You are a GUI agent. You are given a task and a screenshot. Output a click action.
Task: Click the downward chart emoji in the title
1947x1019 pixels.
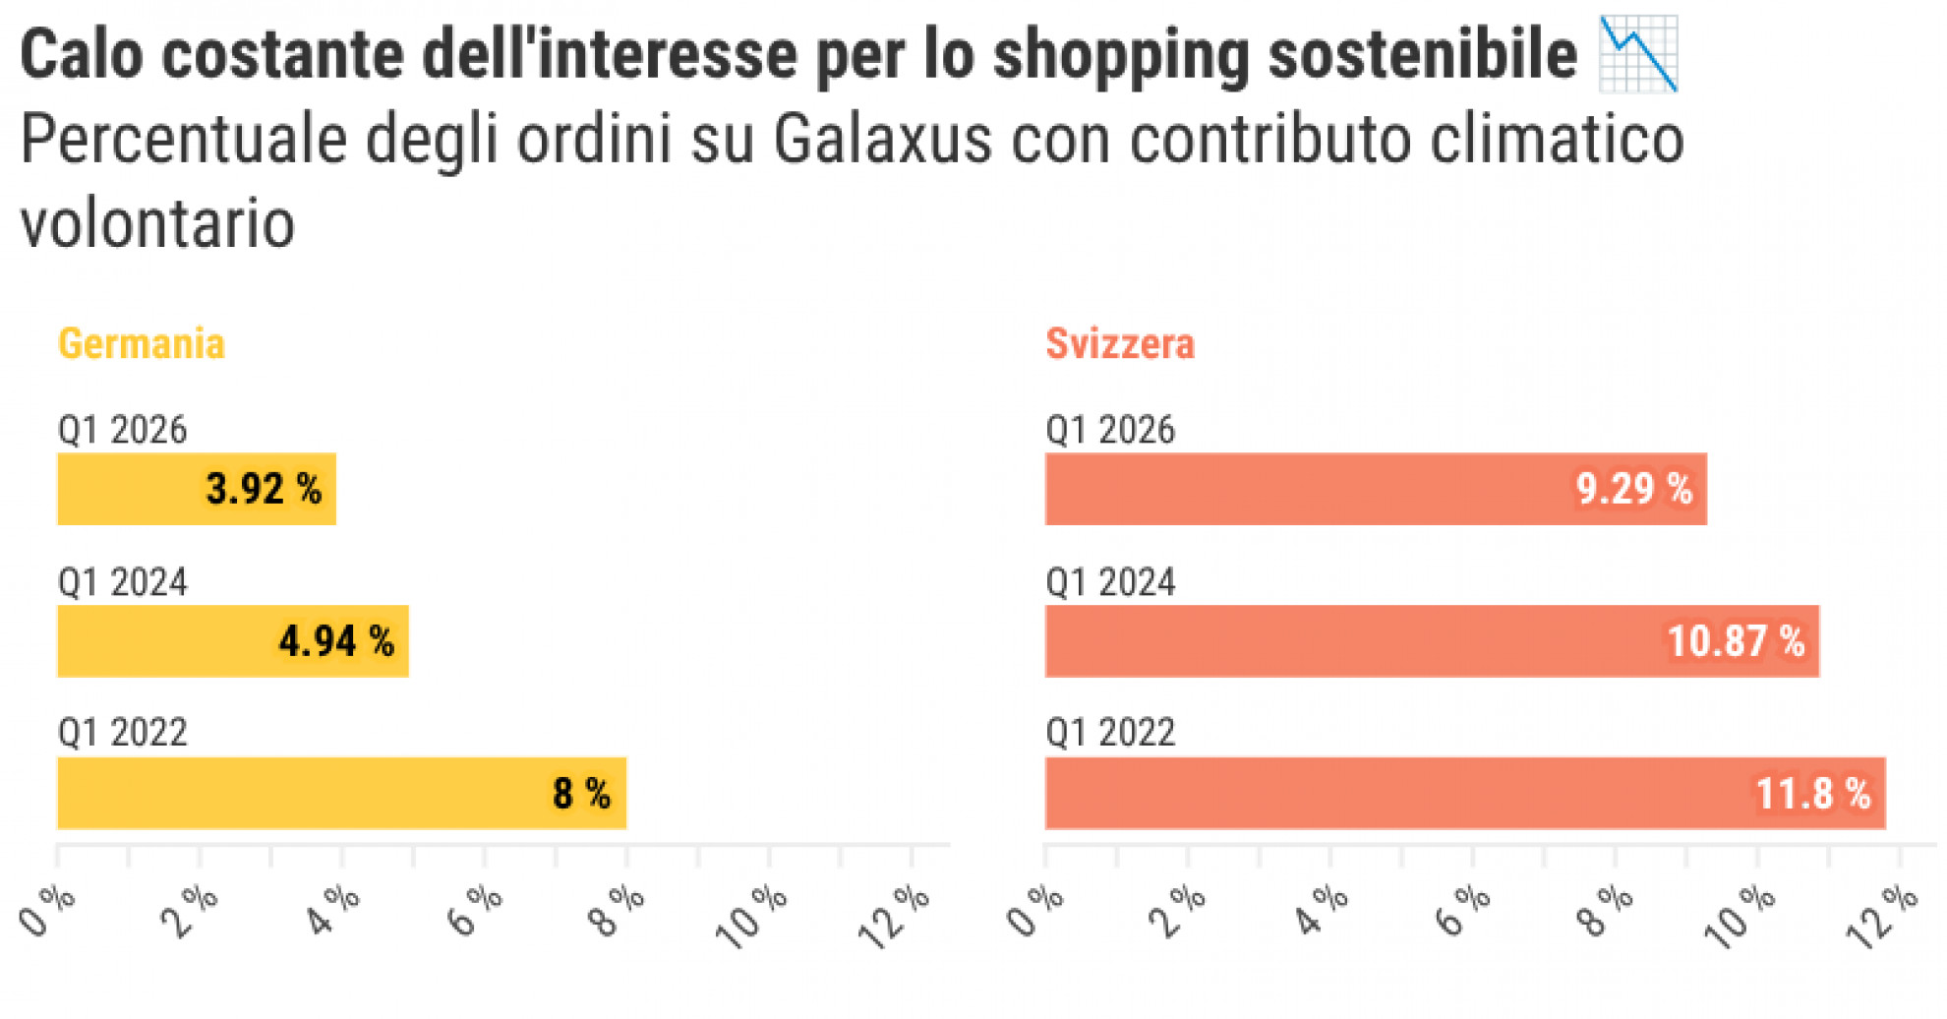click(1637, 54)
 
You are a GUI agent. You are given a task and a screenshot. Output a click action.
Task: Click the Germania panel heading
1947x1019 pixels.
click(142, 344)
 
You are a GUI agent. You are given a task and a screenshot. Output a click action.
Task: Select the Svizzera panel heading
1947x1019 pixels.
click(1119, 344)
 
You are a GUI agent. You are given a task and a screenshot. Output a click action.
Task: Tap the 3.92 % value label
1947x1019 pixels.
click(264, 489)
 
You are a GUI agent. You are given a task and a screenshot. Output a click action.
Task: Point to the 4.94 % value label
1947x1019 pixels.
click(336, 641)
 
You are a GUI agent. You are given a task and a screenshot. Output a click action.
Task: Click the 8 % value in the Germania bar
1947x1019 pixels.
click(581, 793)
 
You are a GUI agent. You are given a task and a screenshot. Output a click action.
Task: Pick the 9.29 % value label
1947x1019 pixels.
click(1633, 489)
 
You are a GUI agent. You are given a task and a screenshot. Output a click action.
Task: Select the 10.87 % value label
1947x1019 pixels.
click(1736, 641)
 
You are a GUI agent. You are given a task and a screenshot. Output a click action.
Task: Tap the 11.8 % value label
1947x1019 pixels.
click(1812, 793)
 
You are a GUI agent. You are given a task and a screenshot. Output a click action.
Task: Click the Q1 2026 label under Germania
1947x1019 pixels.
click(122, 430)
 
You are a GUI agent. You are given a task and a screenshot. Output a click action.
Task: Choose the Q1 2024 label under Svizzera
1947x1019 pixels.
click(1110, 582)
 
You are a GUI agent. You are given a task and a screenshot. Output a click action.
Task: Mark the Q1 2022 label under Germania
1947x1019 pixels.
click(122, 733)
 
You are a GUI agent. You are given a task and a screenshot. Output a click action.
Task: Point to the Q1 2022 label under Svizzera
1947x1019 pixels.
click(1110, 733)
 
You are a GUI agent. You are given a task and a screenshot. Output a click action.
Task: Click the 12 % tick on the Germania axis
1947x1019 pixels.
click(893, 917)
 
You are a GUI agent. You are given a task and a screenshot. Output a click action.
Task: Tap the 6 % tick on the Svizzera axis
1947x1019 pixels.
click(1462, 910)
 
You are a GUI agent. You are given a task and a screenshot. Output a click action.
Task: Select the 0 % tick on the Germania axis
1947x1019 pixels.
click(46, 910)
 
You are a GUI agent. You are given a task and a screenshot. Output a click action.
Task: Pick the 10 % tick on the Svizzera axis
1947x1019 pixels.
click(1739, 917)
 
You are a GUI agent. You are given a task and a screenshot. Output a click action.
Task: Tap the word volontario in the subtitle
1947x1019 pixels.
click(157, 224)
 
